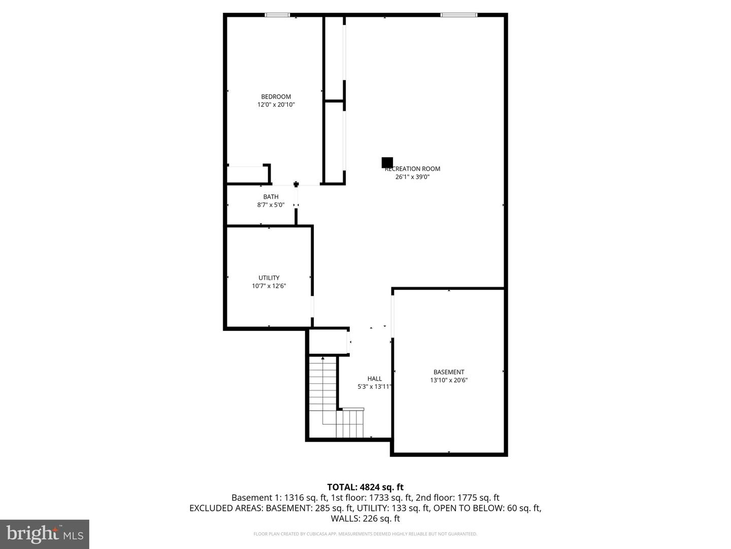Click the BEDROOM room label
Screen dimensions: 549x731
click(x=276, y=97)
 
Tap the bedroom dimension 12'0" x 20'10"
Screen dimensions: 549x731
click(x=276, y=105)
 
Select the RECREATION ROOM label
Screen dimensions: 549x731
click(x=413, y=169)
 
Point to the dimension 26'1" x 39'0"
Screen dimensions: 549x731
click(x=413, y=177)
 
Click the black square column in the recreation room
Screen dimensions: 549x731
click(x=387, y=162)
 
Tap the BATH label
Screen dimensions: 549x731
click(x=271, y=197)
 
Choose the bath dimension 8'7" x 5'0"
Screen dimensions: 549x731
click(x=271, y=205)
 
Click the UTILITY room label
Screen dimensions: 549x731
click(x=269, y=278)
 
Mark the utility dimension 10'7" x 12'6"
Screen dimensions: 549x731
click(x=269, y=286)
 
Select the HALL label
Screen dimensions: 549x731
click(x=375, y=379)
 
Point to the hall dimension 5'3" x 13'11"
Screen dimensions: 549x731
click(x=375, y=387)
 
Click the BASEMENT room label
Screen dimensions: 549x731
click(x=449, y=372)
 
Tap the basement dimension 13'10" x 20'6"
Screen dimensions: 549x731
click(x=449, y=380)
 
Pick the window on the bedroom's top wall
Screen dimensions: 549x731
click(x=278, y=15)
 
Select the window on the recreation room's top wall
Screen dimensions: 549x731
click(x=459, y=15)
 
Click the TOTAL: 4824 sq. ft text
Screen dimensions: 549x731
click(x=365, y=487)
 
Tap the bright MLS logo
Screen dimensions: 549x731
click(x=45, y=534)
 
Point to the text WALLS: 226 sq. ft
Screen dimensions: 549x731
click(x=365, y=518)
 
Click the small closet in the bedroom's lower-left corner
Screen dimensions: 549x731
click(x=247, y=174)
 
